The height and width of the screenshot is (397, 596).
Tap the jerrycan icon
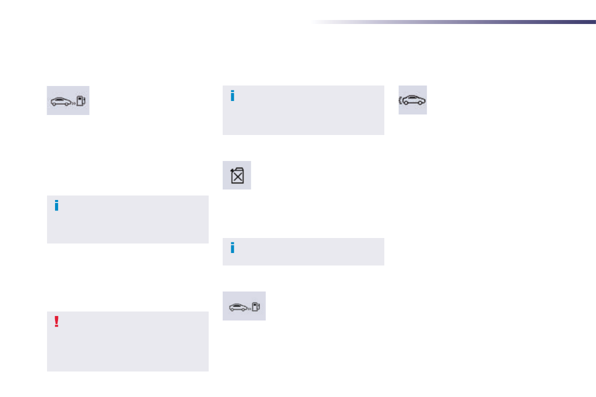(237, 175)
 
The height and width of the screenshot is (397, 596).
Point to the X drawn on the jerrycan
(238, 176)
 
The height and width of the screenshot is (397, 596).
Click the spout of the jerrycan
(232, 170)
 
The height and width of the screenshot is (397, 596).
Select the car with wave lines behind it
(415, 100)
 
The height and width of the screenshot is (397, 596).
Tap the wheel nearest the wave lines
(408, 103)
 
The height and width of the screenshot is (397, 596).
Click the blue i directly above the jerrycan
(232, 96)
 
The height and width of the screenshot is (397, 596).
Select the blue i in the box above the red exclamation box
(57, 205)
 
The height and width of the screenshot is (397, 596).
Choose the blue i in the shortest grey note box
(232, 247)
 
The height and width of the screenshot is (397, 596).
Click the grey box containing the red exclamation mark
(128, 345)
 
